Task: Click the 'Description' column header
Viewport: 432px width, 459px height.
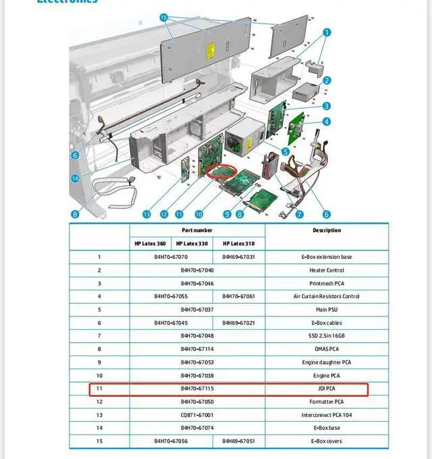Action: [327, 231]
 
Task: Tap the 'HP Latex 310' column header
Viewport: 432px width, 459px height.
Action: [239, 243]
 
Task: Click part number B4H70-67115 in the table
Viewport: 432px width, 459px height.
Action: [197, 389]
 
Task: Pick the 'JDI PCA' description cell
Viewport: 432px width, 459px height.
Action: [327, 389]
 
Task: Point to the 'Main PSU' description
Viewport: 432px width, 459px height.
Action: [327, 310]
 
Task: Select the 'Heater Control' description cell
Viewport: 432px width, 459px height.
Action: [327, 270]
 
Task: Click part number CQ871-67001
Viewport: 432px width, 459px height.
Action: [197, 415]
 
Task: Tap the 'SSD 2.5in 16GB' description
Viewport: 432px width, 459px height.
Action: [327, 336]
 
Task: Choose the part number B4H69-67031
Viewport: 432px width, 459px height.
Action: [239, 257]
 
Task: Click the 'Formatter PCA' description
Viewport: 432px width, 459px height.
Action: [327, 402]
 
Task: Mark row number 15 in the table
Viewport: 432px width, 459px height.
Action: [99, 441]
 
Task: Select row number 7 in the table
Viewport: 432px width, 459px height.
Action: [99, 336]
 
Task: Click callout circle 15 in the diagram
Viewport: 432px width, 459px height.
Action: [164, 17]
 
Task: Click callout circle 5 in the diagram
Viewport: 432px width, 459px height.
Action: [286, 151]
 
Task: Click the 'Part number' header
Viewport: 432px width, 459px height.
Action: [197, 231]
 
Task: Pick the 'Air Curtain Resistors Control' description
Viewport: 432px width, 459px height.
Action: [327, 296]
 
